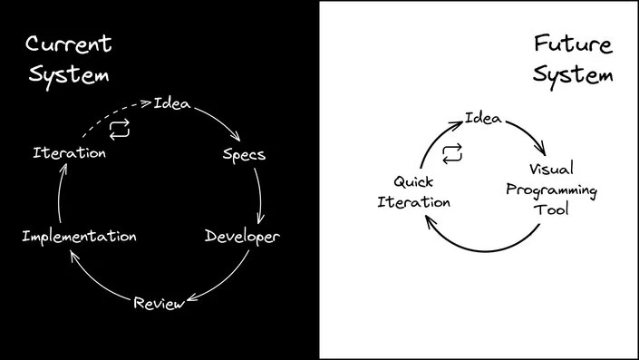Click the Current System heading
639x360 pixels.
pos(69,59)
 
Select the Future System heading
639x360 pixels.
pos(572,59)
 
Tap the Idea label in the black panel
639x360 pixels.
pos(172,102)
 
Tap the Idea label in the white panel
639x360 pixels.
pos(484,118)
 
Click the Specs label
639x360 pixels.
pos(244,153)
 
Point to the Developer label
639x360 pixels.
pos(242,237)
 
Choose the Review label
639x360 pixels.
pos(159,302)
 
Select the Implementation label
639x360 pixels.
pos(79,237)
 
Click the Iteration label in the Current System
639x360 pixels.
pos(69,152)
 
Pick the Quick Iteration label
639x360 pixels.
pos(413,190)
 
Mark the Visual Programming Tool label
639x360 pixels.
pos(563,190)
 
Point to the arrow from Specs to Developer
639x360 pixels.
pos(261,195)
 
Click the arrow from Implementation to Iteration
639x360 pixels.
pos(62,195)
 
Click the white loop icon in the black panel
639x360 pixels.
pos(120,131)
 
